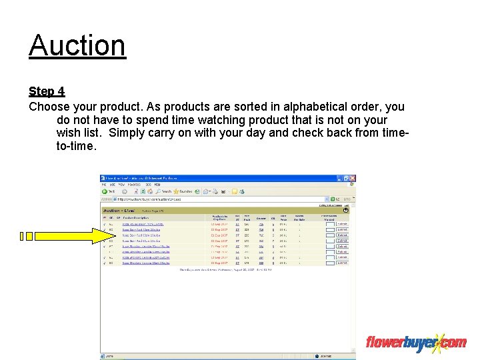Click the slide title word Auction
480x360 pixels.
coord(77,45)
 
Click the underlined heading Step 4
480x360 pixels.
coord(47,91)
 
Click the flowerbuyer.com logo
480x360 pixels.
coord(415,343)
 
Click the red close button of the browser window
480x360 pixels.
coord(353,178)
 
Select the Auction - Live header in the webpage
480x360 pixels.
coord(121,210)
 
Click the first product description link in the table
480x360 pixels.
coord(142,225)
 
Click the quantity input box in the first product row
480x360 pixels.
coord(329,225)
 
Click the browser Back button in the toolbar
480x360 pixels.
coord(108,191)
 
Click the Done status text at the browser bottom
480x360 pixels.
coord(109,356)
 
